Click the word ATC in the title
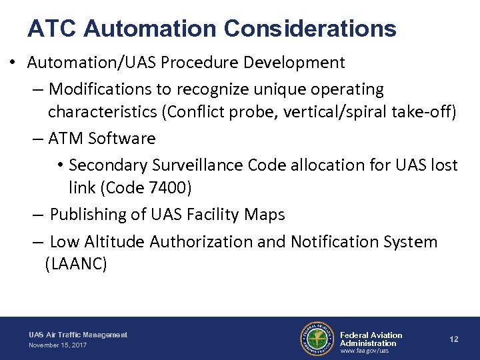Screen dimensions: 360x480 (x=52, y=29)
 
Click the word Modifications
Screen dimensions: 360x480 (x=103, y=89)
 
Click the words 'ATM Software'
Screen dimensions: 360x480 (x=102, y=139)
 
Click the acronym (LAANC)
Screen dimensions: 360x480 (x=75, y=265)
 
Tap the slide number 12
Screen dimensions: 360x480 (x=453, y=339)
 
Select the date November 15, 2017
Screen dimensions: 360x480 (x=57, y=345)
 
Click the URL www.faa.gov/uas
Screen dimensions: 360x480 (x=364, y=351)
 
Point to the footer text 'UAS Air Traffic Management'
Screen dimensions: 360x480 (x=78, y=335)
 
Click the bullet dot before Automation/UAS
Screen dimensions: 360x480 (x=13, y=64)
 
